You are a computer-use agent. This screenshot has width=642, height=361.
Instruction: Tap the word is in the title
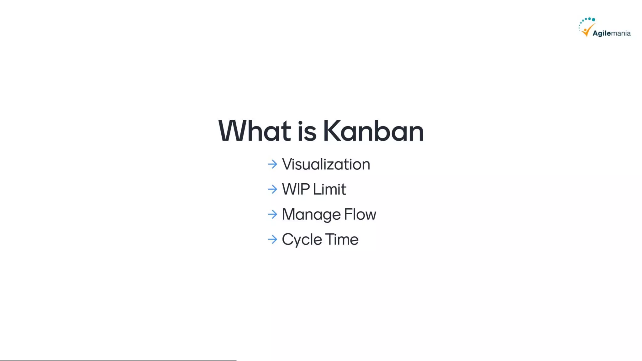(307, 132)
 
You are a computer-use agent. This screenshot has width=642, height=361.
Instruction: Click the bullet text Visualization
(326, 165)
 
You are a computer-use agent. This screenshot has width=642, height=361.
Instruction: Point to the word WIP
(296, 189)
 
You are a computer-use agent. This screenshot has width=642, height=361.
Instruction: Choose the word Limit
(329, 189)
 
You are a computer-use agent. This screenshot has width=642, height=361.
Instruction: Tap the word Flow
(360, 214)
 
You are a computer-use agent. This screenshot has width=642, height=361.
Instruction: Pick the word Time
(342, 239)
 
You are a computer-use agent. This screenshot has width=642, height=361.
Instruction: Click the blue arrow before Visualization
(272, 164)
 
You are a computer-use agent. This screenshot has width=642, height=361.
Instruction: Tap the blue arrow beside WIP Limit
(272, 189)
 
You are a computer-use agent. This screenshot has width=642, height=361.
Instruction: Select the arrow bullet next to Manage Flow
(272, 214)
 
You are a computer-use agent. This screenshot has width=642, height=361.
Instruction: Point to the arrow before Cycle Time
(272, 239)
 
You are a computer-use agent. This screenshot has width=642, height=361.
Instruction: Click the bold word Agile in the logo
(602, 34)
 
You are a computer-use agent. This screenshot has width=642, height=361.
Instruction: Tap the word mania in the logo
(621, 34)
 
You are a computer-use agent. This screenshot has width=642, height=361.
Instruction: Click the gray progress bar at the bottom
(118, 360)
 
